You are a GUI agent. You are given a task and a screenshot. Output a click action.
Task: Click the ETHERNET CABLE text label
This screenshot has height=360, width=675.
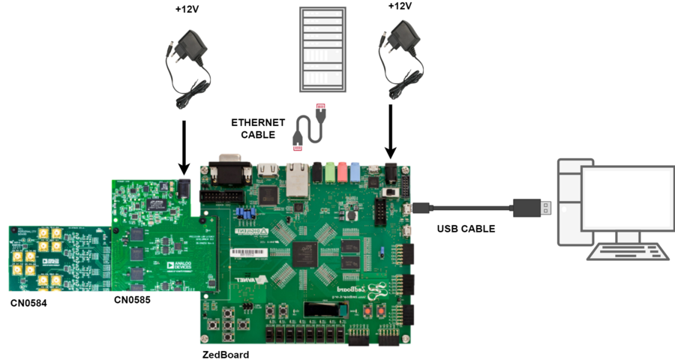pos(257,128)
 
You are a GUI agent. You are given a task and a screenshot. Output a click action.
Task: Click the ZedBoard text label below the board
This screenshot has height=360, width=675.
pos(225,354)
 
